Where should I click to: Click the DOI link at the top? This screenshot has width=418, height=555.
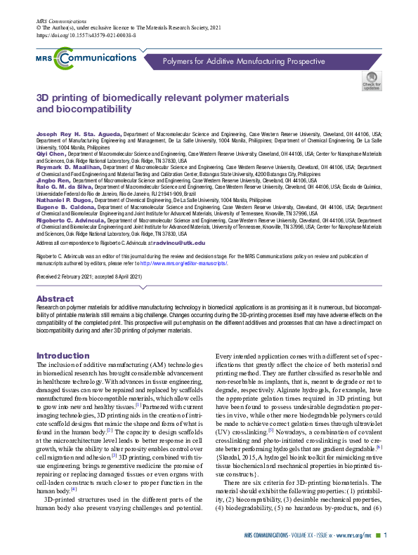pyautogui.click(x=77, y=34)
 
